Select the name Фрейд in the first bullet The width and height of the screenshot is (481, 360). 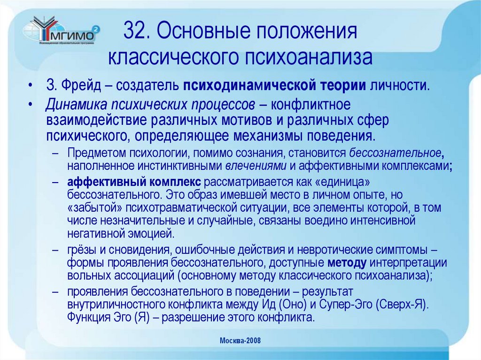(x=75, y=86)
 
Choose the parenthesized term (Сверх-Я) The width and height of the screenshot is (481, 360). (x=403, y=304)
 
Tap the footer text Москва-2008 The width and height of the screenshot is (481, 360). (x=240, y=340)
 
